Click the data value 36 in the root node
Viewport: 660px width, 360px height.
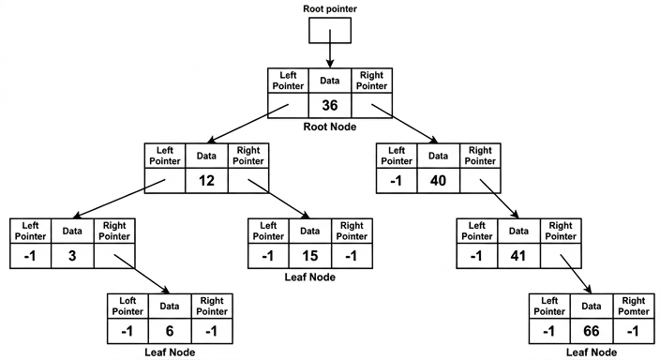330,105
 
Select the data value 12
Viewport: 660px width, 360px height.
206,181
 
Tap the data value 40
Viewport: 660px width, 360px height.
438,181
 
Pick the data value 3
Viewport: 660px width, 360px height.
72,256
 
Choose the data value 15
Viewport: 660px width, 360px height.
309,256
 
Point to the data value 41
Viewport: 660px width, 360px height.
518,256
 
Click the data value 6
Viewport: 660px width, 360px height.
169,331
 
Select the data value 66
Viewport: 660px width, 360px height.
592,331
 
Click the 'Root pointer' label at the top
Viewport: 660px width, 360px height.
330,8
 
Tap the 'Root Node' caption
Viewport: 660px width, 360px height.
330,127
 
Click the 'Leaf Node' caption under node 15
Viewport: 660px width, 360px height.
309,277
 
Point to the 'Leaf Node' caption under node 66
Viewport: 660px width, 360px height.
592,352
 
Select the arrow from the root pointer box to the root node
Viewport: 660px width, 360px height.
330,49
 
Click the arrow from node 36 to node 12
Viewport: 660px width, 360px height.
248,124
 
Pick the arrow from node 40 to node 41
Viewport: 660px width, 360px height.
499,199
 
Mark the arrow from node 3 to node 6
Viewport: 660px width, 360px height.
142,274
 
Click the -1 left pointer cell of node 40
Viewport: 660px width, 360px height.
396,181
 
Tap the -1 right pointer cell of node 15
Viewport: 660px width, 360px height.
352,256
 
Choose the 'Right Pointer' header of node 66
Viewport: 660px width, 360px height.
634,307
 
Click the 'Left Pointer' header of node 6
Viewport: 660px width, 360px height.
127,307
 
